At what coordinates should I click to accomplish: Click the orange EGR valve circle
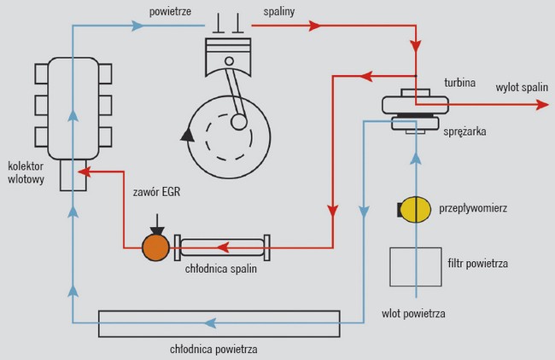[x=155, y=247]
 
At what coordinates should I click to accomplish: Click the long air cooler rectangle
[x=219, y=324]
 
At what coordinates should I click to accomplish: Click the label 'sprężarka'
[x=464, y=134]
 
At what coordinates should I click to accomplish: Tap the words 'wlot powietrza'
[x=413, y=313]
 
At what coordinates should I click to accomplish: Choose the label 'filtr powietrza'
[x=476, y=264]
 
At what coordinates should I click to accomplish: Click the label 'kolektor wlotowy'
[x=25, y=173]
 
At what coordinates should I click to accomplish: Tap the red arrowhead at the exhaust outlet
[x=541, y=104]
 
